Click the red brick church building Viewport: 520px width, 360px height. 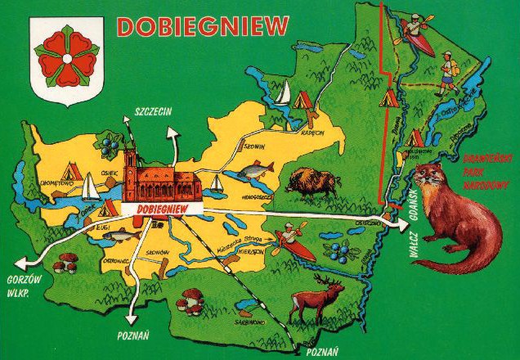162,181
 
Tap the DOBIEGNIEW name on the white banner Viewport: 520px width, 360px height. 162,210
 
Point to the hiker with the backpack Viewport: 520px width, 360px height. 447,70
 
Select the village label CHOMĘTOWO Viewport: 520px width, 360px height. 56,185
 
